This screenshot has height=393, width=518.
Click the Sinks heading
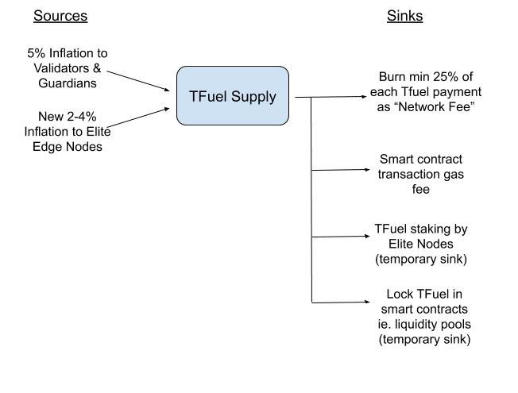(x=404, y=16)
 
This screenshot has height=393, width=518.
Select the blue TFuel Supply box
(x=232, y=96)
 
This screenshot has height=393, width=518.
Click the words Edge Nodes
(x=67, y=146)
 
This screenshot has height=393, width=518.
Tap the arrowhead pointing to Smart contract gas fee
(x=368, y=170)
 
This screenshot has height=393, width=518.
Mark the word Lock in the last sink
(x=399, y=295)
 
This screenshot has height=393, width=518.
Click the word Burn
(x=393, y=78)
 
